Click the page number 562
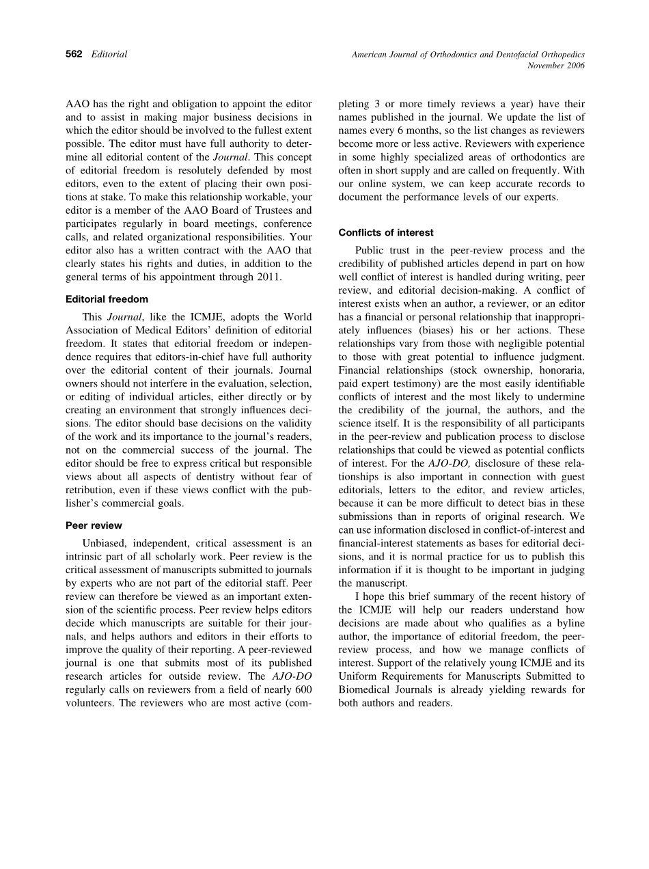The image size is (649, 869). tap(74, 55)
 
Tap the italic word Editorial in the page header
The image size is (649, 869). tap(109, 55)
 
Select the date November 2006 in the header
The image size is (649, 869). tap(557, 66)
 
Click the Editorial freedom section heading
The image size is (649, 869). tap(107, 299)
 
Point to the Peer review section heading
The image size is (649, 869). tap(94, 525)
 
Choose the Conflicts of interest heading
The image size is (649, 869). tap(386, 233)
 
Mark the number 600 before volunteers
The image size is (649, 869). tap(301, 689)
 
